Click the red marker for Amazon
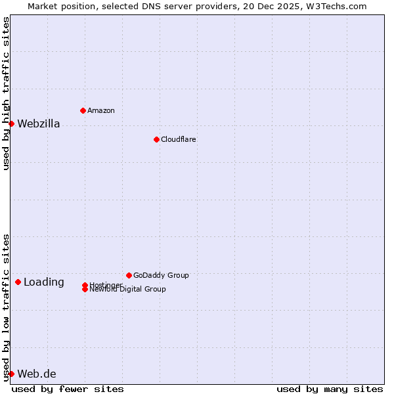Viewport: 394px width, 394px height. point(83,110)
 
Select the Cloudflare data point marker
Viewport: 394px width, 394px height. point(156,139)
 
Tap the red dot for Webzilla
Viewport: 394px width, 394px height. point(11,123)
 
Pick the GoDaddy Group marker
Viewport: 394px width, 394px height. point(129,275)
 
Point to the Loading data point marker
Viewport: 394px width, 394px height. point(18,282)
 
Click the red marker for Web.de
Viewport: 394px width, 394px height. point(11,374)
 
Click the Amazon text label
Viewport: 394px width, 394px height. point(101,110)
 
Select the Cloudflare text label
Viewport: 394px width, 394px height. point(178,139)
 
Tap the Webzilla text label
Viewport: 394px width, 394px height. point(38,123)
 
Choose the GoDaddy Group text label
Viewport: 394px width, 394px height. point(161,275)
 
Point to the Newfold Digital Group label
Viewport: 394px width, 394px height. point(127,290)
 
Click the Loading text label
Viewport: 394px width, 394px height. point(44,282)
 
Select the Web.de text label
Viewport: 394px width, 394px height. point(37,374)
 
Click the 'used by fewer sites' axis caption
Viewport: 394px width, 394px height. point(68,389)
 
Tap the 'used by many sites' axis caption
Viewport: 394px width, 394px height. point(330,389)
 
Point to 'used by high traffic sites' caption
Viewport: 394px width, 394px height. point(6,94)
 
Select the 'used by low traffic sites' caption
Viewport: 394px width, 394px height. point(6,307)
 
